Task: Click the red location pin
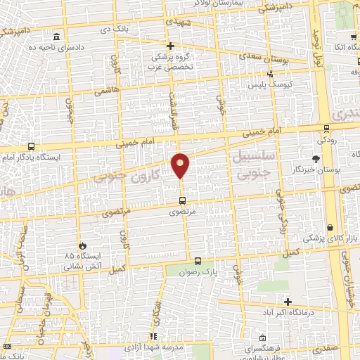pyautogui.click(x=181, y=165)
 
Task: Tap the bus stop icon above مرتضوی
pyautogui.click(x=183, y=200)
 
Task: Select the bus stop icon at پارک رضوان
pyautogui.click(x=198, y=261)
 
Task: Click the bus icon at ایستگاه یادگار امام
pyautogui.click(x=31, y=147)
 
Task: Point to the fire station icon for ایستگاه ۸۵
pyautogui.click(x=83, y=245)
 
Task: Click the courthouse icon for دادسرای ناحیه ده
pyautogui.click(x=56, y=37)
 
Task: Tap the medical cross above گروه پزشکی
pyautogui.click(x=180, y=46)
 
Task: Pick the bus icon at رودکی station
pyautogui.click(x=326, y=129)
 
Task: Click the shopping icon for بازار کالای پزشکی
pyautogui.click(x=330, y=228)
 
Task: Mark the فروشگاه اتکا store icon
pyautogui.click(x=352, y=37)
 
